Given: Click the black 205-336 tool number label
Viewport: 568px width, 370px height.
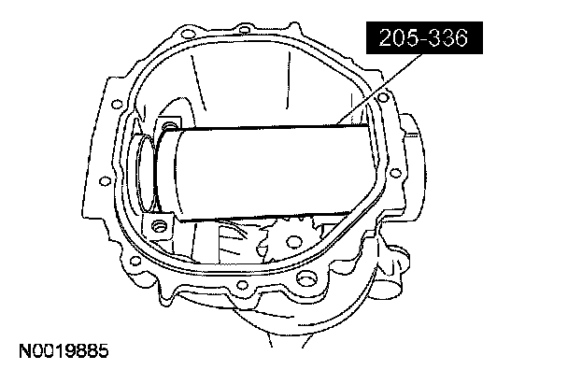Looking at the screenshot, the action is tap(424, 37).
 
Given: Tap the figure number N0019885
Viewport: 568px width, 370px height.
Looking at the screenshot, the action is tap(64, 350).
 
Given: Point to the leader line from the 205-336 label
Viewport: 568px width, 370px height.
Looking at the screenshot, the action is tap(379, 89).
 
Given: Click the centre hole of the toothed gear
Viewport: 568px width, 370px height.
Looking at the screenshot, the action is tap(293, 241).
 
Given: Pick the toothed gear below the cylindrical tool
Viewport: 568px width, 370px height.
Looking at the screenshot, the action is tap(292, 239).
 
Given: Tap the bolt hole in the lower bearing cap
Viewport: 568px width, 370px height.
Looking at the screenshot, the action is tap(158, 227).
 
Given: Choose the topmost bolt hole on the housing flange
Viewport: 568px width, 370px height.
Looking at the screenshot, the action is tap(245, 29).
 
